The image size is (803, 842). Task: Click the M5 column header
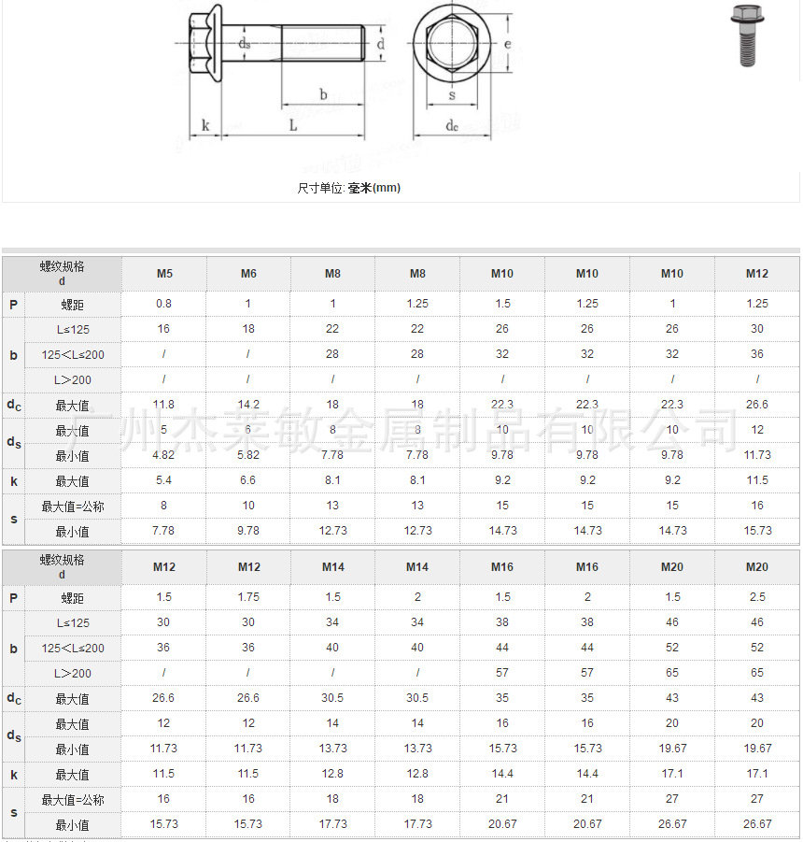163,274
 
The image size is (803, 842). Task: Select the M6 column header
248,274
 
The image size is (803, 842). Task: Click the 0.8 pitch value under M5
163,304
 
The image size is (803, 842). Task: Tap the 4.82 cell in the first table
163,455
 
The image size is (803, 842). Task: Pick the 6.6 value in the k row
248,480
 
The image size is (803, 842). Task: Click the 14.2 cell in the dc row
248,405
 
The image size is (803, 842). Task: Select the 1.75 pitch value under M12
248,597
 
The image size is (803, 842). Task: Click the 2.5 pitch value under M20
756,597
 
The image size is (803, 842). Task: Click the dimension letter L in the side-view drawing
292,125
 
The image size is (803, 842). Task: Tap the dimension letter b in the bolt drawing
323,94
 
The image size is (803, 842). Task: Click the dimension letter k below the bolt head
204,125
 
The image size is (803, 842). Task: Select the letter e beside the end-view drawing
505,44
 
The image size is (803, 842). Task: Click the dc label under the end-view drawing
452,125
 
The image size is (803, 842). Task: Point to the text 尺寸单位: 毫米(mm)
349,188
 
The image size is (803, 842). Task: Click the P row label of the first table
13,304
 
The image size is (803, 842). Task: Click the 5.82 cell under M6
248,455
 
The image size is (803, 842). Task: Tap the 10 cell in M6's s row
248,506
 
